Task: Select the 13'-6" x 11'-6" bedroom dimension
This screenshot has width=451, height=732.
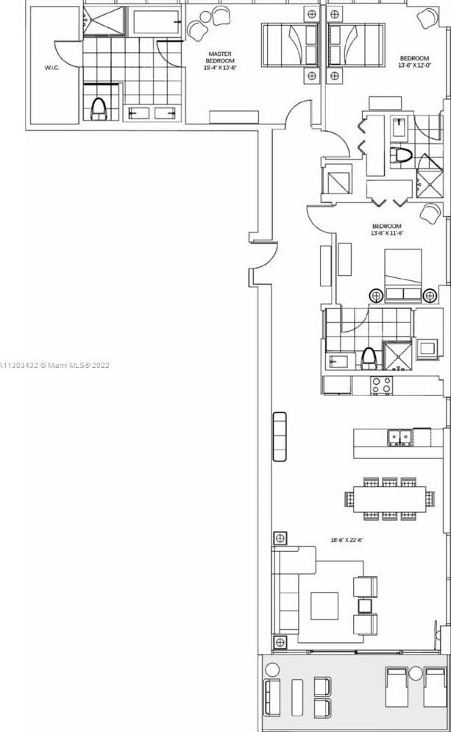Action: pos(387,230)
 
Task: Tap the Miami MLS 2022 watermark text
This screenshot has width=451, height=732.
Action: pos(55,365)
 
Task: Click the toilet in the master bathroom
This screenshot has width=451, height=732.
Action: pos(99,107)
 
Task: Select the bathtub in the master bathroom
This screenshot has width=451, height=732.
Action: pos(155,22)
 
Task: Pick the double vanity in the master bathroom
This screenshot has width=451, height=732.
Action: pos(153,113)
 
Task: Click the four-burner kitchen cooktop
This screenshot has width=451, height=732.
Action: pos(382,385)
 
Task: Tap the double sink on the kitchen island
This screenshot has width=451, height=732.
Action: pos(399,437)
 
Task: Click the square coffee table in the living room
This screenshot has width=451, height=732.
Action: pos(324,606)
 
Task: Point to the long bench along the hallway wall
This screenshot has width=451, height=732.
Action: pos(280,437)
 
